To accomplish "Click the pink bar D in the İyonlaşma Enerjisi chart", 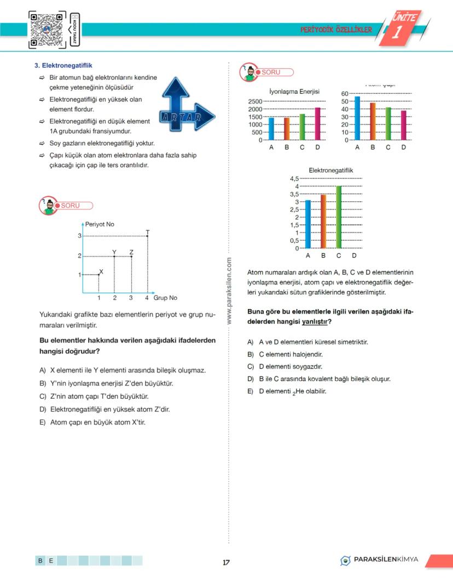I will click(318, 124).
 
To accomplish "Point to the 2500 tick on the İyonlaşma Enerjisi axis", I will click(255, 102).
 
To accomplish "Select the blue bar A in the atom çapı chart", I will click(357, 118).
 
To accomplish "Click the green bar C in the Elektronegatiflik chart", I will click(339, 217).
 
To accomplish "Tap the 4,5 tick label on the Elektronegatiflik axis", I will click(294, 178).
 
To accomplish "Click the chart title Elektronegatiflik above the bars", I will click(331, 170).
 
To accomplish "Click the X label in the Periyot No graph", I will click(101, 271).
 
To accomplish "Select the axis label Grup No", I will click(165, 298).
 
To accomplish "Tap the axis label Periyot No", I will click(100, 224).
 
